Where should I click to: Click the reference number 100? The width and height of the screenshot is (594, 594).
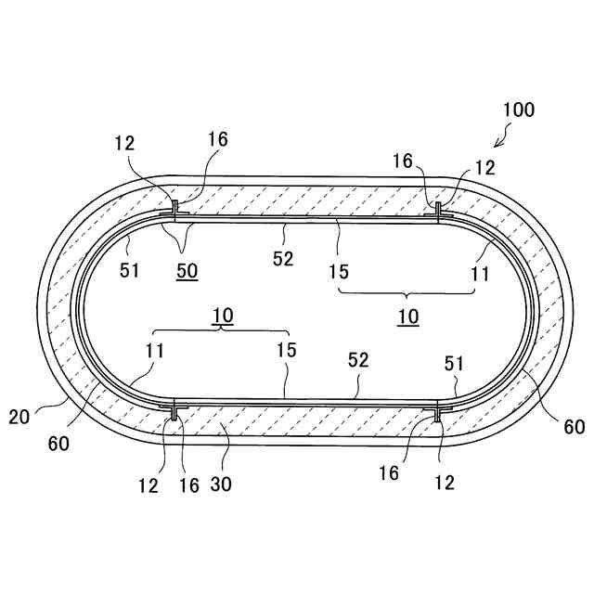(x=518, y=110)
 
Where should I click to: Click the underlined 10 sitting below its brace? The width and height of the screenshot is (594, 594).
(x=408, y=316)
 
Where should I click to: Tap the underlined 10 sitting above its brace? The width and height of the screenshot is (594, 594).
(x=223, y=315)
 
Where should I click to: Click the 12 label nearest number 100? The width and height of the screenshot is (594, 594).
(x=484, y=168)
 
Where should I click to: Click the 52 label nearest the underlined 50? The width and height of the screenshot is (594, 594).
(x=282, y=259)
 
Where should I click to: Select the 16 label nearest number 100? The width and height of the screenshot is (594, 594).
(x=402, y=161)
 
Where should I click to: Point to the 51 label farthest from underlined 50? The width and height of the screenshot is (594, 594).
(x=453, y=364)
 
